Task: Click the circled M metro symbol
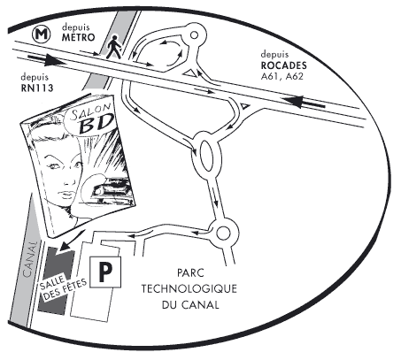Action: [42, 34]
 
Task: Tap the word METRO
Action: [79, 37]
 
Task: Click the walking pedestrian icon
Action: [114, 46]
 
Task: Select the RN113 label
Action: [37, 88]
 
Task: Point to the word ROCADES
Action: [283, 65]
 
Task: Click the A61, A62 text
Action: [282, 76]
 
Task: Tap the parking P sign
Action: [105, 272]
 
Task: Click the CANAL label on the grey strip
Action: [31, 259]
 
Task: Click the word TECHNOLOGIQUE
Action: [189, 288]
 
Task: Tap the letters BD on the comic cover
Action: [96, 124]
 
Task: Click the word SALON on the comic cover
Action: [91, 111]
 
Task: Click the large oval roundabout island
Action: [206, 156]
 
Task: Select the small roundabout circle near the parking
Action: [223, 234]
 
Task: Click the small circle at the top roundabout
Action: [194, 35]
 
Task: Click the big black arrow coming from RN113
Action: [46, 59]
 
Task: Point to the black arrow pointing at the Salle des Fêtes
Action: [70, 241]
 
